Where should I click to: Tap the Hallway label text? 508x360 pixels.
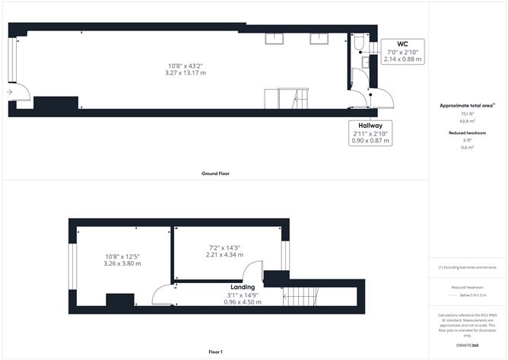pyautogui.click(x=370, y=125)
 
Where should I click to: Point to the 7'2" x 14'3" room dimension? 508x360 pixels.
pyautogui.click(x=225, y=247)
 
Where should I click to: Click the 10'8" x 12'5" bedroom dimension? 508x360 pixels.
pyautogui.click(x=122, y=256)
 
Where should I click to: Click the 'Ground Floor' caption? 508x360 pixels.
pyautogui.click(x=215, y=174)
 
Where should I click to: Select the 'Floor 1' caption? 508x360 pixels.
pyautogui.click(x=215, y=352)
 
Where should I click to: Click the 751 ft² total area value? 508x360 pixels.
pyautogui.click(x=467, y=113)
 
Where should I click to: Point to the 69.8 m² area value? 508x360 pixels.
pyautogui.click(x=467, y=121)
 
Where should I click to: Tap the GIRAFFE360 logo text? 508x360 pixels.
pyautogui.click(x=467, y=346)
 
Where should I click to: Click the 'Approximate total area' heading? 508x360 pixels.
pyautogui.click(x=465, y=105)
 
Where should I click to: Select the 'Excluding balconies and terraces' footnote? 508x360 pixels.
pyautogui.click(x=467, y=268)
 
